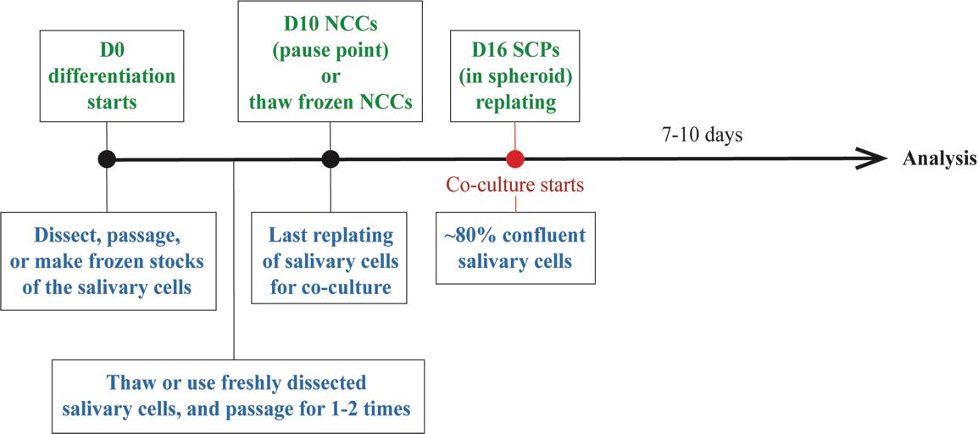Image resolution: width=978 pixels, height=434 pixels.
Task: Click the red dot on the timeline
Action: tap(514, 159)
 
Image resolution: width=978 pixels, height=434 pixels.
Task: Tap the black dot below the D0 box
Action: tap(107, 159)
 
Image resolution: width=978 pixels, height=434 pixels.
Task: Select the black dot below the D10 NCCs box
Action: tap(330, 159)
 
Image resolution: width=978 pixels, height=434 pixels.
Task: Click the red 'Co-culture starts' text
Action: tap(515, 186)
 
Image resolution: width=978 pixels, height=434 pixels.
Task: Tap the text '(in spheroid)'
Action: tap(515, 78)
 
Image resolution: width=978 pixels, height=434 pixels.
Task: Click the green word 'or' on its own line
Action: tap(331, 78)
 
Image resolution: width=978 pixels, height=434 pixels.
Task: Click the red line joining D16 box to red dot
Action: tap(514, 136)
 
